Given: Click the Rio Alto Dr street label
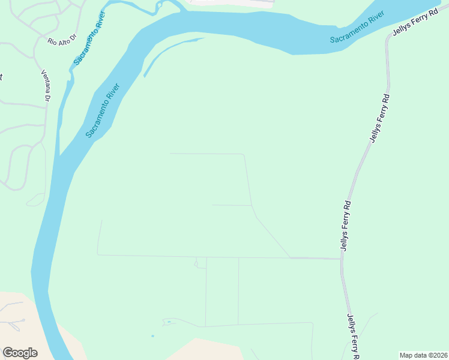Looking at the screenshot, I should pos(62,39).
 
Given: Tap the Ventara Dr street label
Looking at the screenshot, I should pos(46,85).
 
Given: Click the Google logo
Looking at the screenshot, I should pos(20,352).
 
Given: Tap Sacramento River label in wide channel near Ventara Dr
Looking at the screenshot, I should pos(103,110).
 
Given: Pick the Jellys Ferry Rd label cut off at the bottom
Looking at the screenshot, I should pos(352,337).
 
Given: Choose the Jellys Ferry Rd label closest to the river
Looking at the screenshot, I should pos(414,22).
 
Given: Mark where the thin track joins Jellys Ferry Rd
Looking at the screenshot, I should pos(342,259).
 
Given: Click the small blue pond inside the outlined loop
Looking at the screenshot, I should pos(169,322).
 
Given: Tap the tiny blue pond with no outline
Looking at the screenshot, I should pos(152,335).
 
